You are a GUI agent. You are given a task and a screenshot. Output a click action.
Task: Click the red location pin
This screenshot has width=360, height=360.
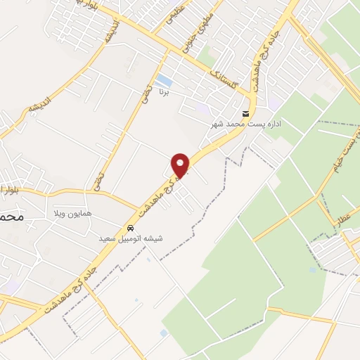point(181,165)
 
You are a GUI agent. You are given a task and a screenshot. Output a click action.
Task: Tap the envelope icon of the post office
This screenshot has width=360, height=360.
point(245,114)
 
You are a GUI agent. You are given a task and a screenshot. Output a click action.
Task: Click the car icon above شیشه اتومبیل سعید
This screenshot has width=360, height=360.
point(131,229)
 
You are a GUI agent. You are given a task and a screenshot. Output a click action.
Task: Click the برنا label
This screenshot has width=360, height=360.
point(164,92)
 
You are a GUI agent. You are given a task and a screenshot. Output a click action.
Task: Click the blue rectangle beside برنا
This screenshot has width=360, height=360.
point(163,80)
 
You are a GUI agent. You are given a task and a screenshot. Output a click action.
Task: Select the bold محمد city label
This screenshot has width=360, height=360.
point(13,217)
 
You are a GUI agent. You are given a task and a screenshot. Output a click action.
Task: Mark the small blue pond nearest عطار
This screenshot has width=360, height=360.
point(314,269)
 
